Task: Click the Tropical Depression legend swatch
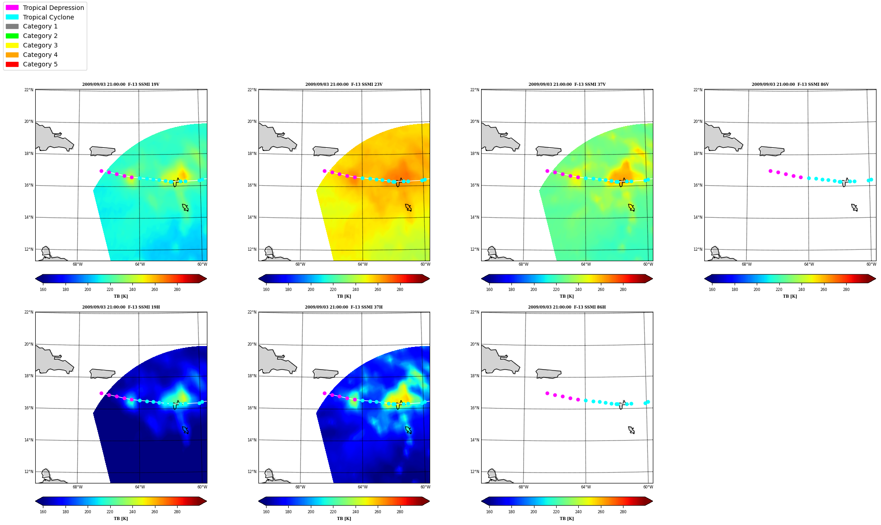click(12, 8)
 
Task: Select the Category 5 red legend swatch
click(12, 64)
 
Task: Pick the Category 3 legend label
click(40, 45)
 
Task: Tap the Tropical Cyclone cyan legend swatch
click(12, 17)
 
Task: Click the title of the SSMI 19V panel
click(121, 84)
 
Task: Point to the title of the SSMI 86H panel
click(567, 307)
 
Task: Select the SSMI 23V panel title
click(344, 84)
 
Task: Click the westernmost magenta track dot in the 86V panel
click(770, 171)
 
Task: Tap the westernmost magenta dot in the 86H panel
click(547, 393)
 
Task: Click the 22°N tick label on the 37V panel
click(475, 90)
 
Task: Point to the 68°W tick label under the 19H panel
click(77, 487)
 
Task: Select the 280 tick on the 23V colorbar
click(400, 290)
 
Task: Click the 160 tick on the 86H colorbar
click(489, 512)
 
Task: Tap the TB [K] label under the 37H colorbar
click(344, 519)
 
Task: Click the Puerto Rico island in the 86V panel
click(771, 151)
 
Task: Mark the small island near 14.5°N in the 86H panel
click(631, 430)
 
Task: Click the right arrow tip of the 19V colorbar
click(206, 279)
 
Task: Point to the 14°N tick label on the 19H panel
click(29, 440)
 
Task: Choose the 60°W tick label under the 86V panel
click(871, 264)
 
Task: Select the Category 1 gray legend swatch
click(12, 26)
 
